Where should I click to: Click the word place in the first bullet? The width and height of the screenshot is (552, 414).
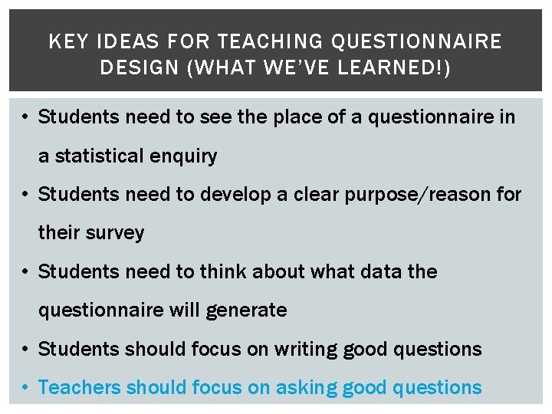[x=297, y=117]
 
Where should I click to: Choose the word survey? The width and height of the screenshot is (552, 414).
[x=113, y=233]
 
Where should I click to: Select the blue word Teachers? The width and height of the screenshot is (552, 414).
[x=80, y=387]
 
